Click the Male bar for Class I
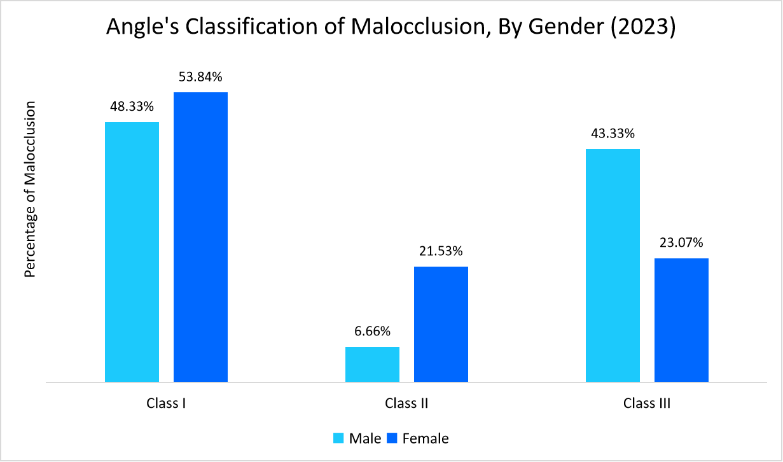(132, 252)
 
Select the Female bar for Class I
(200, 237)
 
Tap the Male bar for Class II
(372, 364)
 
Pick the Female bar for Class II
(441, 324)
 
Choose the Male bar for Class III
(613, 265)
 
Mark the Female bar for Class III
(681, 320)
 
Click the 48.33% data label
(132, 107)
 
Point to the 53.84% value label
(200, 78)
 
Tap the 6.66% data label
(372, 332)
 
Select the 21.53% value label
(441, 251)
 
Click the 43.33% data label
(613, 134)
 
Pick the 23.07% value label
(681, 243)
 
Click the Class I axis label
(166, 403)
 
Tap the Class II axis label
(406, 403)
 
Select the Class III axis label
(647, 403)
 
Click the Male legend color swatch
(338, 438)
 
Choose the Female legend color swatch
(392, 438)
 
